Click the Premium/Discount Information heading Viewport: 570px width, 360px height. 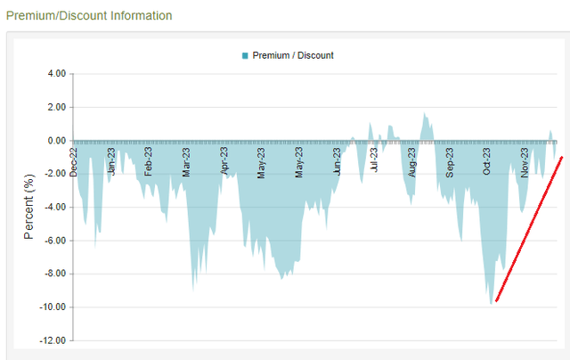89,16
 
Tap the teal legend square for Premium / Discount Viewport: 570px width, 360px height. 245,55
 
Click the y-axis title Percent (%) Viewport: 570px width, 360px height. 28,207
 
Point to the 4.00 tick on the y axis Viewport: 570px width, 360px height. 55,74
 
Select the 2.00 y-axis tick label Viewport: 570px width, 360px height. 55,107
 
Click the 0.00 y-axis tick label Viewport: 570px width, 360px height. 55,141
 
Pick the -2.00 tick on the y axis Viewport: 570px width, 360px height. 54,174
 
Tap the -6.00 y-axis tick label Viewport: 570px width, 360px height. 54,241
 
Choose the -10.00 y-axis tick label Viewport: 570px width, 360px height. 53,307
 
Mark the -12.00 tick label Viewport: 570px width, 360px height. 53,340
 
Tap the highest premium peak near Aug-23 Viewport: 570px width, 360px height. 426,114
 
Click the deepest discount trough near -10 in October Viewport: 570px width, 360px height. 491,303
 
